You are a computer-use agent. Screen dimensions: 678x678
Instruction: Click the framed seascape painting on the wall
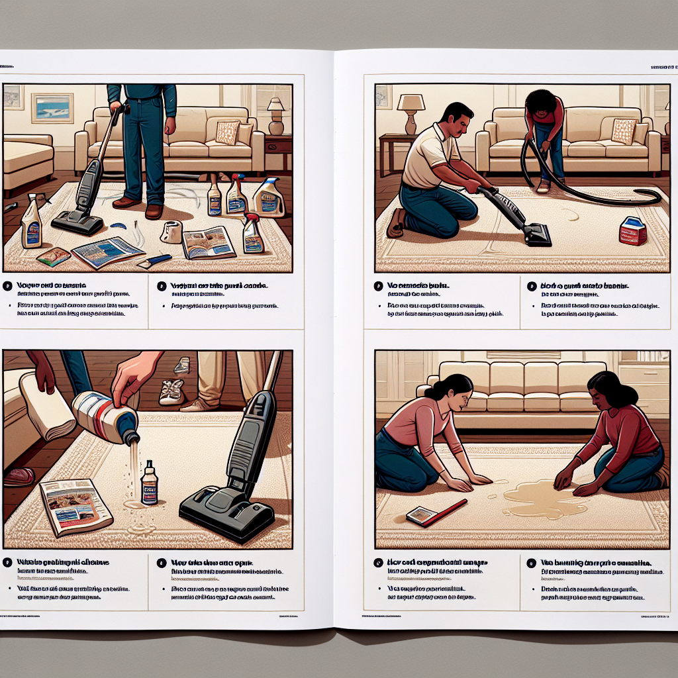[x=52, y=107]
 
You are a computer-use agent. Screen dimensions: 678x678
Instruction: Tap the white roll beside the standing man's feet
[x=171, y=231]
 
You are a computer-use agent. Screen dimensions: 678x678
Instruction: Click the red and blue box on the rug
[x=633, y=231]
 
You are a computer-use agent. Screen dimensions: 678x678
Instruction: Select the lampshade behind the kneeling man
[x=411, y=103]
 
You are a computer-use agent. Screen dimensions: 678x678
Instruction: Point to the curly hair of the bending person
[x=541, y=101]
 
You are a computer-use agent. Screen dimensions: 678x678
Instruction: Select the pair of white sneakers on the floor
[x=171, y=391]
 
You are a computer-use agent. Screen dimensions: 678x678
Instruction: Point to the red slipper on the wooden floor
[x=19, y=476]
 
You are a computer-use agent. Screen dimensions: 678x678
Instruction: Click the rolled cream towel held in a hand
[x=47, y=405]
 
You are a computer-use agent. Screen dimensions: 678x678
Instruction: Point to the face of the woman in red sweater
[x=602, y=395]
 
